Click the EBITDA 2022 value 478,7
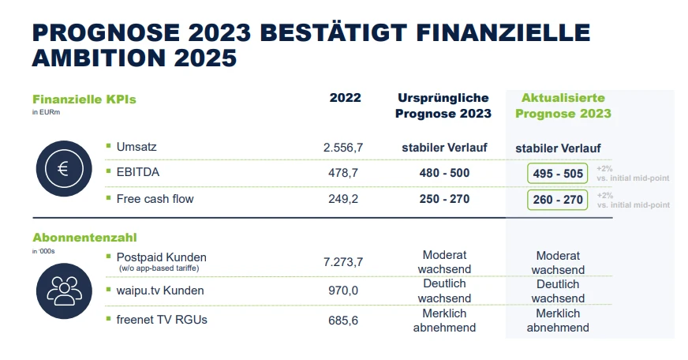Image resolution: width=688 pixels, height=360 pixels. [343, 173]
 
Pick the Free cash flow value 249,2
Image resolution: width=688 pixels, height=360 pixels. [343, 199]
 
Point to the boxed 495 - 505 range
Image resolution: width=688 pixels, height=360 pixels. [558, 174]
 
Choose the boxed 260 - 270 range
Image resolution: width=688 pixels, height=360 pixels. [558, 200]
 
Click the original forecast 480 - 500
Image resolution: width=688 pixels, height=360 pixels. [444, 173]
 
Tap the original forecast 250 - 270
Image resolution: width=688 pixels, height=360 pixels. [444, 199]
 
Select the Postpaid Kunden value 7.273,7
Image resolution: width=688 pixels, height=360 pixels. [343, 261]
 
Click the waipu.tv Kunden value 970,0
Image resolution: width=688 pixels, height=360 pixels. [343, 291]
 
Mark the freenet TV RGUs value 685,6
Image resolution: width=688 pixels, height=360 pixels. [343, 321]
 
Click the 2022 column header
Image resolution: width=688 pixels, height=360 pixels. [345, 98]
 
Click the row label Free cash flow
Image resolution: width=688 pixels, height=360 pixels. [155, 199]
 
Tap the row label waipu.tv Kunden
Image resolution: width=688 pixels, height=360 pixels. [160, 291]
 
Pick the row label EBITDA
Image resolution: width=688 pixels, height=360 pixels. [136, 173]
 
